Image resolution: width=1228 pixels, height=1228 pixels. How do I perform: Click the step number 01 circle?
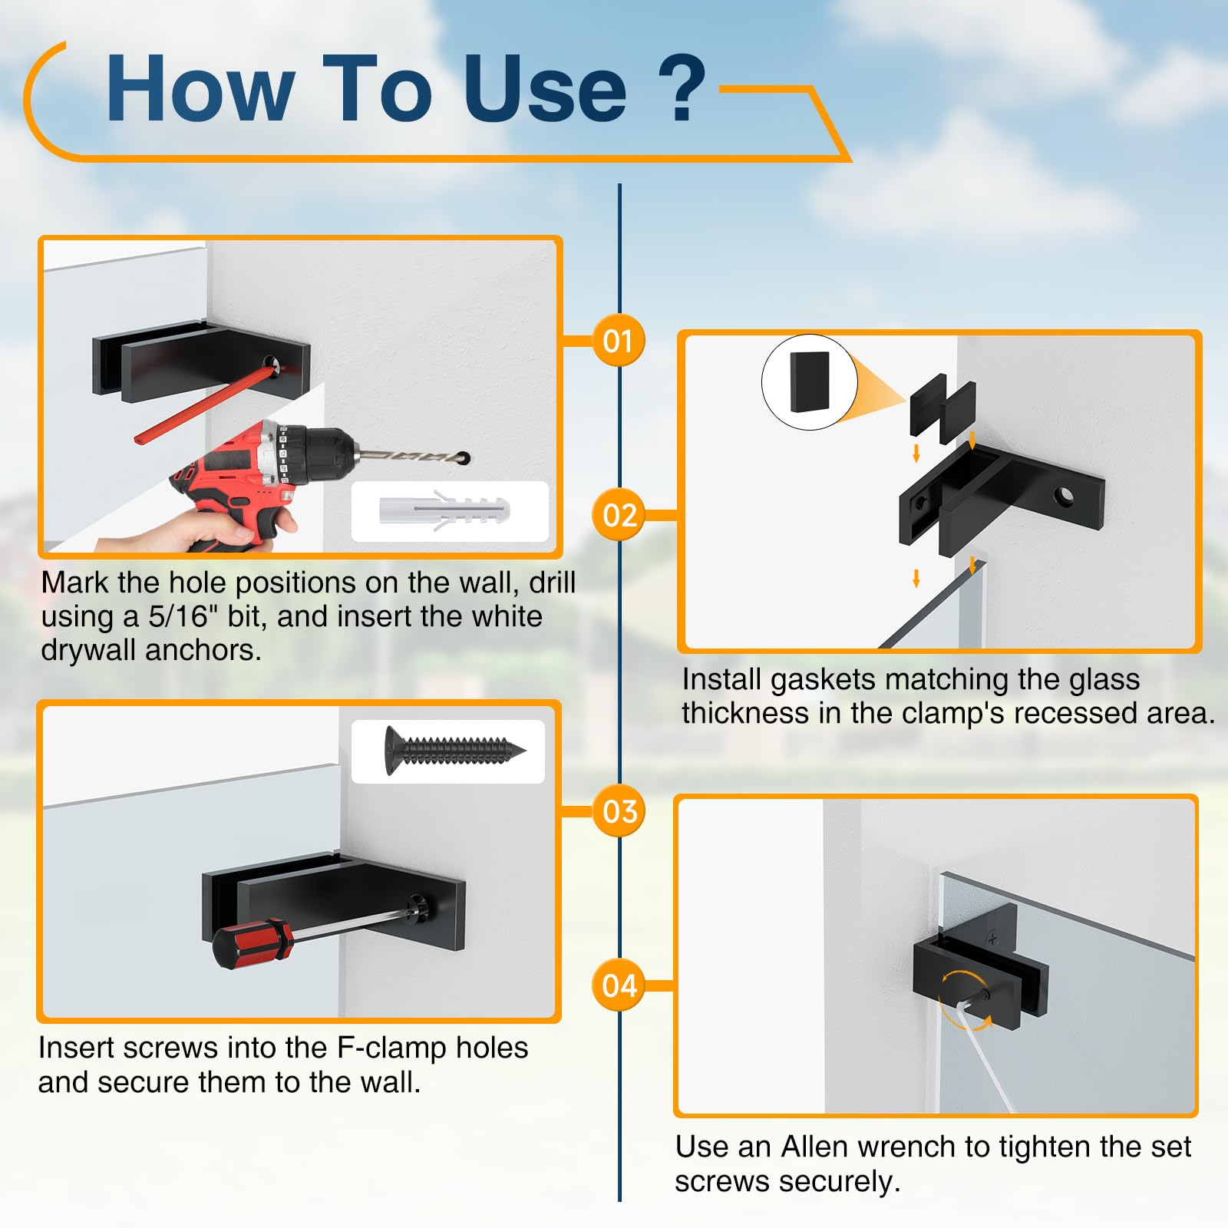[618, 340]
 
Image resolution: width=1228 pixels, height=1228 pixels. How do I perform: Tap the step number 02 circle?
[619, 514]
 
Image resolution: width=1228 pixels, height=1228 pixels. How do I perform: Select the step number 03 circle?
[619, 810]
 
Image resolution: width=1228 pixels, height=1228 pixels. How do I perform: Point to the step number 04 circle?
[619, 985]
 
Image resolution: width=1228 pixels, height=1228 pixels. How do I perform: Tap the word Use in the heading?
[544, 89]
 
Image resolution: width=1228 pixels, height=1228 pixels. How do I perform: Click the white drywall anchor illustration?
[445, 510]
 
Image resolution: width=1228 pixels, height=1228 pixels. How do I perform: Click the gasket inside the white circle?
[809, 382]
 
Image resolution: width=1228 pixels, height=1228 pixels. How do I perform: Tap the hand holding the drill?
[207, 530]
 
